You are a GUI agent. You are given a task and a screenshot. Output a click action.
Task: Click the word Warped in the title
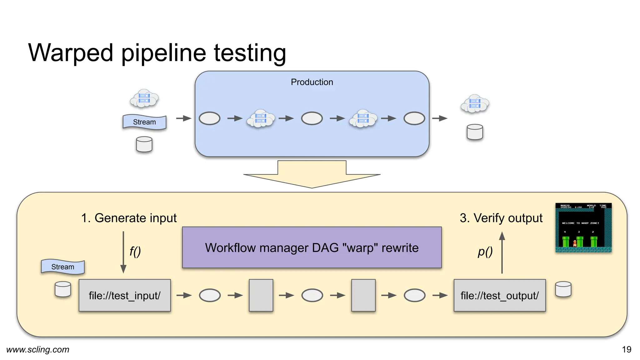tap(71, 53)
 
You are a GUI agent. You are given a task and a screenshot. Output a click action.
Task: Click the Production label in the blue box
tap(312, 82)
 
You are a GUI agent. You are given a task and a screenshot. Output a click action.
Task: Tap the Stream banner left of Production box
tap(144, 122)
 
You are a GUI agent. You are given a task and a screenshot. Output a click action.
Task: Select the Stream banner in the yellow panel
tap(63, 267)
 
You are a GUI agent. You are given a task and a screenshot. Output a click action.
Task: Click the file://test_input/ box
tap(125, 295)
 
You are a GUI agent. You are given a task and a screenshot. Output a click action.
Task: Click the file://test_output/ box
tap(499, 295)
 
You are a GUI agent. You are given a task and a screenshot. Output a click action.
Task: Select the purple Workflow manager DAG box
tap(312, 247)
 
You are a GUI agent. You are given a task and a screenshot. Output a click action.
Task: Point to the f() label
tap(135, 251)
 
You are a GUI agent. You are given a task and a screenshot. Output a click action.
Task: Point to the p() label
tap(485, 251)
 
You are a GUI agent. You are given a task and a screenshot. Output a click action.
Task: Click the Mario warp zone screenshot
tap(583, 227)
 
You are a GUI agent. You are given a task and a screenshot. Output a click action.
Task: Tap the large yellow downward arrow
tap(312, 175)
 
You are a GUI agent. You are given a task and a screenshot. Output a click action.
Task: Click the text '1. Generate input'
tap(129, 218)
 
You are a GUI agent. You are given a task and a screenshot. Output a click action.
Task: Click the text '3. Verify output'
tap(501, 218)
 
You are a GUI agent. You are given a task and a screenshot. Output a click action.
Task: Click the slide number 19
tap(626, 349)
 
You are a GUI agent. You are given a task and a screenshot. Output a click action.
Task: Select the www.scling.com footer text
tap(38, 349)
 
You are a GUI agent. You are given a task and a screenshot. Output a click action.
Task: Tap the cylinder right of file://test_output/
tap(563, 289)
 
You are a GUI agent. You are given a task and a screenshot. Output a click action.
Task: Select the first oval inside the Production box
tap(209, 118)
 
